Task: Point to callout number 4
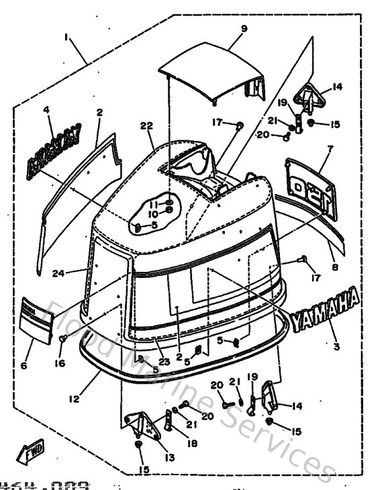click(47, 110)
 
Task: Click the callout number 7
click(329, 147)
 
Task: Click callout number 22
click(146, 126)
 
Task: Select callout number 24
click(58, 273)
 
